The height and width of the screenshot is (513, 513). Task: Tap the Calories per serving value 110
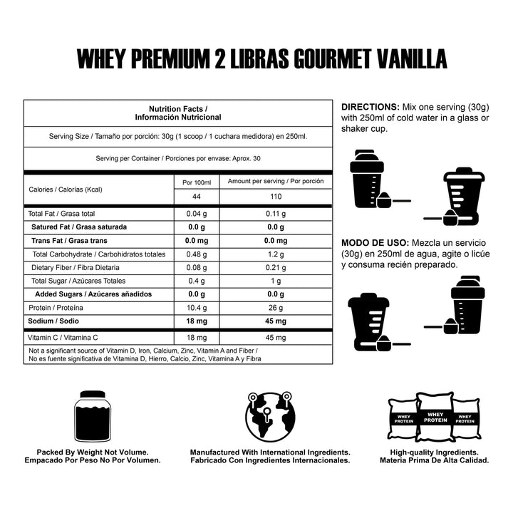275,196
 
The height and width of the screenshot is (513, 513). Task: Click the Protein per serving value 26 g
275,308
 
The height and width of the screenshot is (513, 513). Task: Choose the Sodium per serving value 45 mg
275,321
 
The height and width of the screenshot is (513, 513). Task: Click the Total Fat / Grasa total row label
61,214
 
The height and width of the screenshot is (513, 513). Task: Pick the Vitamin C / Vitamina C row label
63,337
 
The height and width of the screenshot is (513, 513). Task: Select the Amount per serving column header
276,181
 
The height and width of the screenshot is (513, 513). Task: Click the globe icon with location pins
269,415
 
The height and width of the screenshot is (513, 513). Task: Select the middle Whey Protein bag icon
435,416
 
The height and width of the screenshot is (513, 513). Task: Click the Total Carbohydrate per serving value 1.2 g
275,254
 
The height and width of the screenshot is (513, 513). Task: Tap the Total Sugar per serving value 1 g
275,281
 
